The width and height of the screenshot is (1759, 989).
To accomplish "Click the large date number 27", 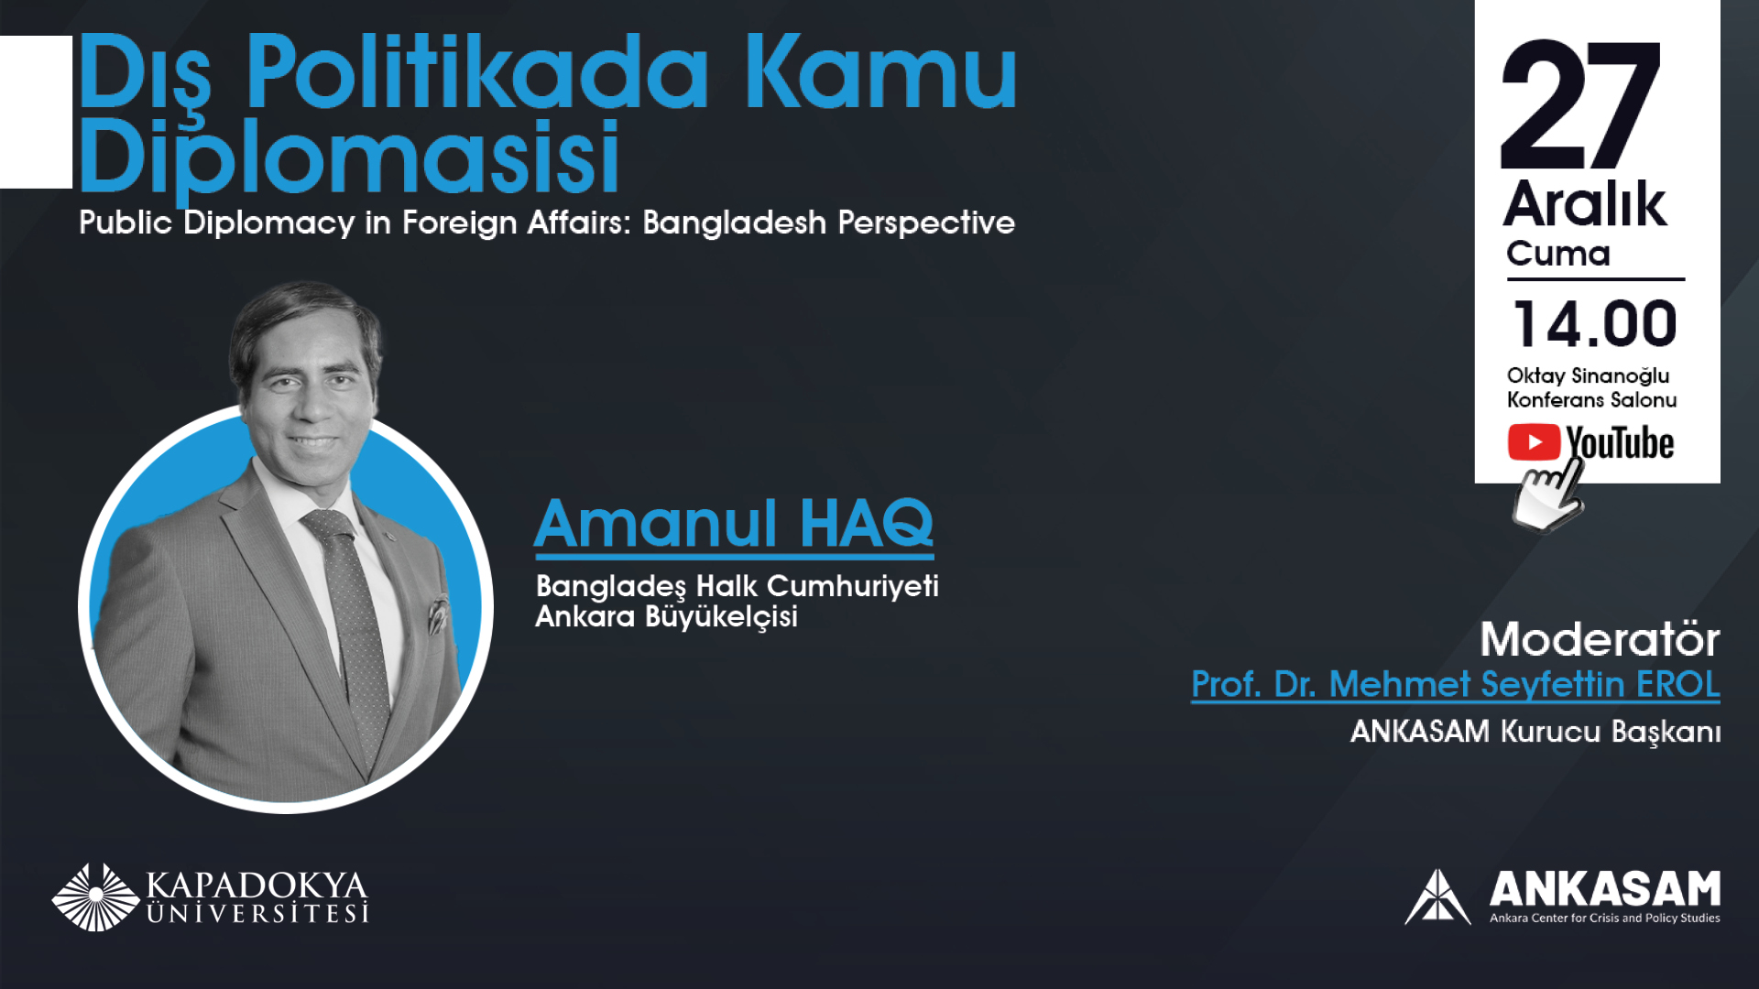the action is click(1580, 104).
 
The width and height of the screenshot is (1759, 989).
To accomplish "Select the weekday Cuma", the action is click(1558, 254).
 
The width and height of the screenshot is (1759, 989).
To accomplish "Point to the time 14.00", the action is click(1595, 324).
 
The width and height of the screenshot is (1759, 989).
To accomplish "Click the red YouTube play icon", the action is click(1534, 442).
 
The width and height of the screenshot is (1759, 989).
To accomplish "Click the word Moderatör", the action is click(1600, 639).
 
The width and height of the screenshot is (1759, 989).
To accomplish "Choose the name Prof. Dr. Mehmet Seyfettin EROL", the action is click(1456, 685).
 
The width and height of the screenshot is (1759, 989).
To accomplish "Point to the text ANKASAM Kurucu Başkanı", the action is click(1535, 732).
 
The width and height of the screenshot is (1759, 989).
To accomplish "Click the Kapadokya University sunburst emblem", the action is click(95, 897).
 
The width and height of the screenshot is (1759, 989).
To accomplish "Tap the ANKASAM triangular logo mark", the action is click(1437, 897).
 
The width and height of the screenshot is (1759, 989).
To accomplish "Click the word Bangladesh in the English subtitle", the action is click(735, 223).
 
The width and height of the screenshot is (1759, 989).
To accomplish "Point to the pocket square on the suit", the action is click(438, 614).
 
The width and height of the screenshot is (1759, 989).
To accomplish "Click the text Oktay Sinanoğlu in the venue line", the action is click(1588, 376).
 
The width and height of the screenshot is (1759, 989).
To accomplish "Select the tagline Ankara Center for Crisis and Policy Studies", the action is click(1605, 918).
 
